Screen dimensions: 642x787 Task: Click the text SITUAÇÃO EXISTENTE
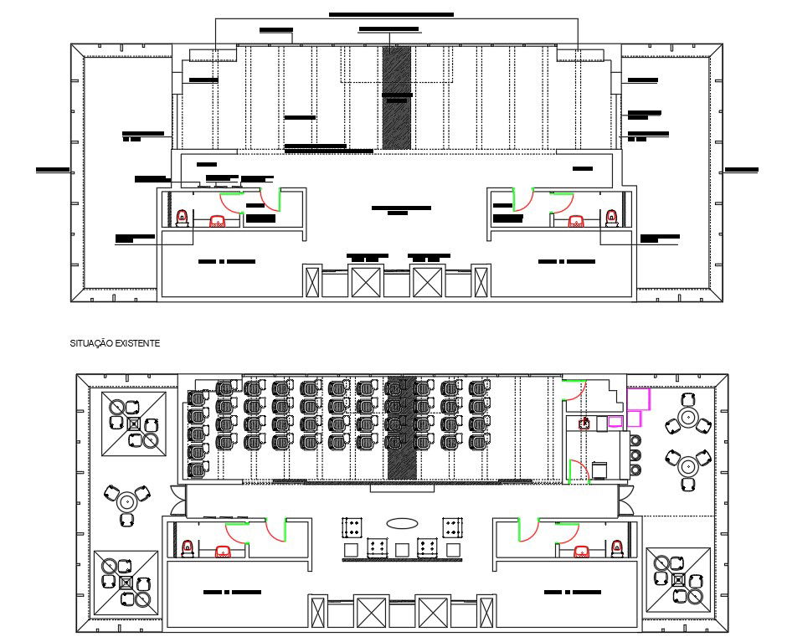pos(117,342)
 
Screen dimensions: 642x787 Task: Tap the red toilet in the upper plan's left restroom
pos(183,218)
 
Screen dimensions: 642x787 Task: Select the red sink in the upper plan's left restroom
pos(218,222)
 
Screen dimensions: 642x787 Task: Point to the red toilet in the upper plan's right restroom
pos(612,218)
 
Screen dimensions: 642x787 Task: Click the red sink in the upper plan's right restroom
pos(576,222)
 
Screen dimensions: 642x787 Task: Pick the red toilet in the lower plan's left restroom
pos(188,548)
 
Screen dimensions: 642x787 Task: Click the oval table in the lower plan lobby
pos(402,523)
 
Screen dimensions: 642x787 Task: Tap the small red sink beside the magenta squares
pos(586,424)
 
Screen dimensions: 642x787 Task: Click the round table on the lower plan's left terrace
pos(127,502)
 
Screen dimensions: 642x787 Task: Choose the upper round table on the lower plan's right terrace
pos(688,416)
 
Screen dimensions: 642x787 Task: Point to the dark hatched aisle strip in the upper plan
pos(396,97)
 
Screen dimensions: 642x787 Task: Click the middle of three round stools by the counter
pos(635,455)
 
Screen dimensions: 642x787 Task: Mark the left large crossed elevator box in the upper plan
pos(366,281)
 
